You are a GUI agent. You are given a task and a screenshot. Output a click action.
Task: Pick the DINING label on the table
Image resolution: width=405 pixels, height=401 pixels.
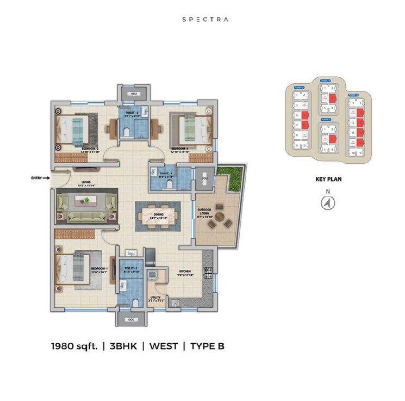tap(158, 214)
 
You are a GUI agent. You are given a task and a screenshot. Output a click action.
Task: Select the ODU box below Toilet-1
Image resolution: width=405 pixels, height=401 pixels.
tap(130, 319)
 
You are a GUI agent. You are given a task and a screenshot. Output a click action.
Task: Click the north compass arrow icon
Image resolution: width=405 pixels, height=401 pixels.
tap(328, 203)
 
